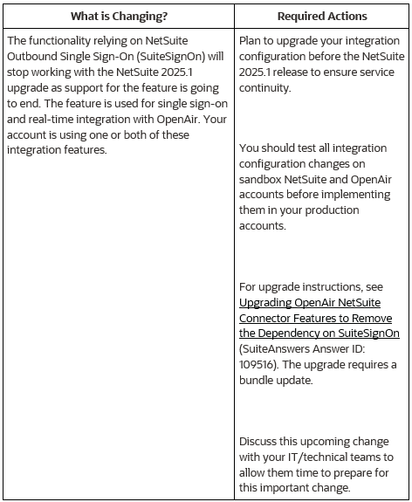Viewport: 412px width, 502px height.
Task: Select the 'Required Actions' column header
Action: coord(322,17)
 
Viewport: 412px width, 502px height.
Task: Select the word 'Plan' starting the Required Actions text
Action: coord(251,41)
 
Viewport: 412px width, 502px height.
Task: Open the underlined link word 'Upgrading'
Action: coord(267,302)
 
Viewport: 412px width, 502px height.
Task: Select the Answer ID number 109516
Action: coord(258,364)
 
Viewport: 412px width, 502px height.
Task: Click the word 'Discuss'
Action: coord(260,442)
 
